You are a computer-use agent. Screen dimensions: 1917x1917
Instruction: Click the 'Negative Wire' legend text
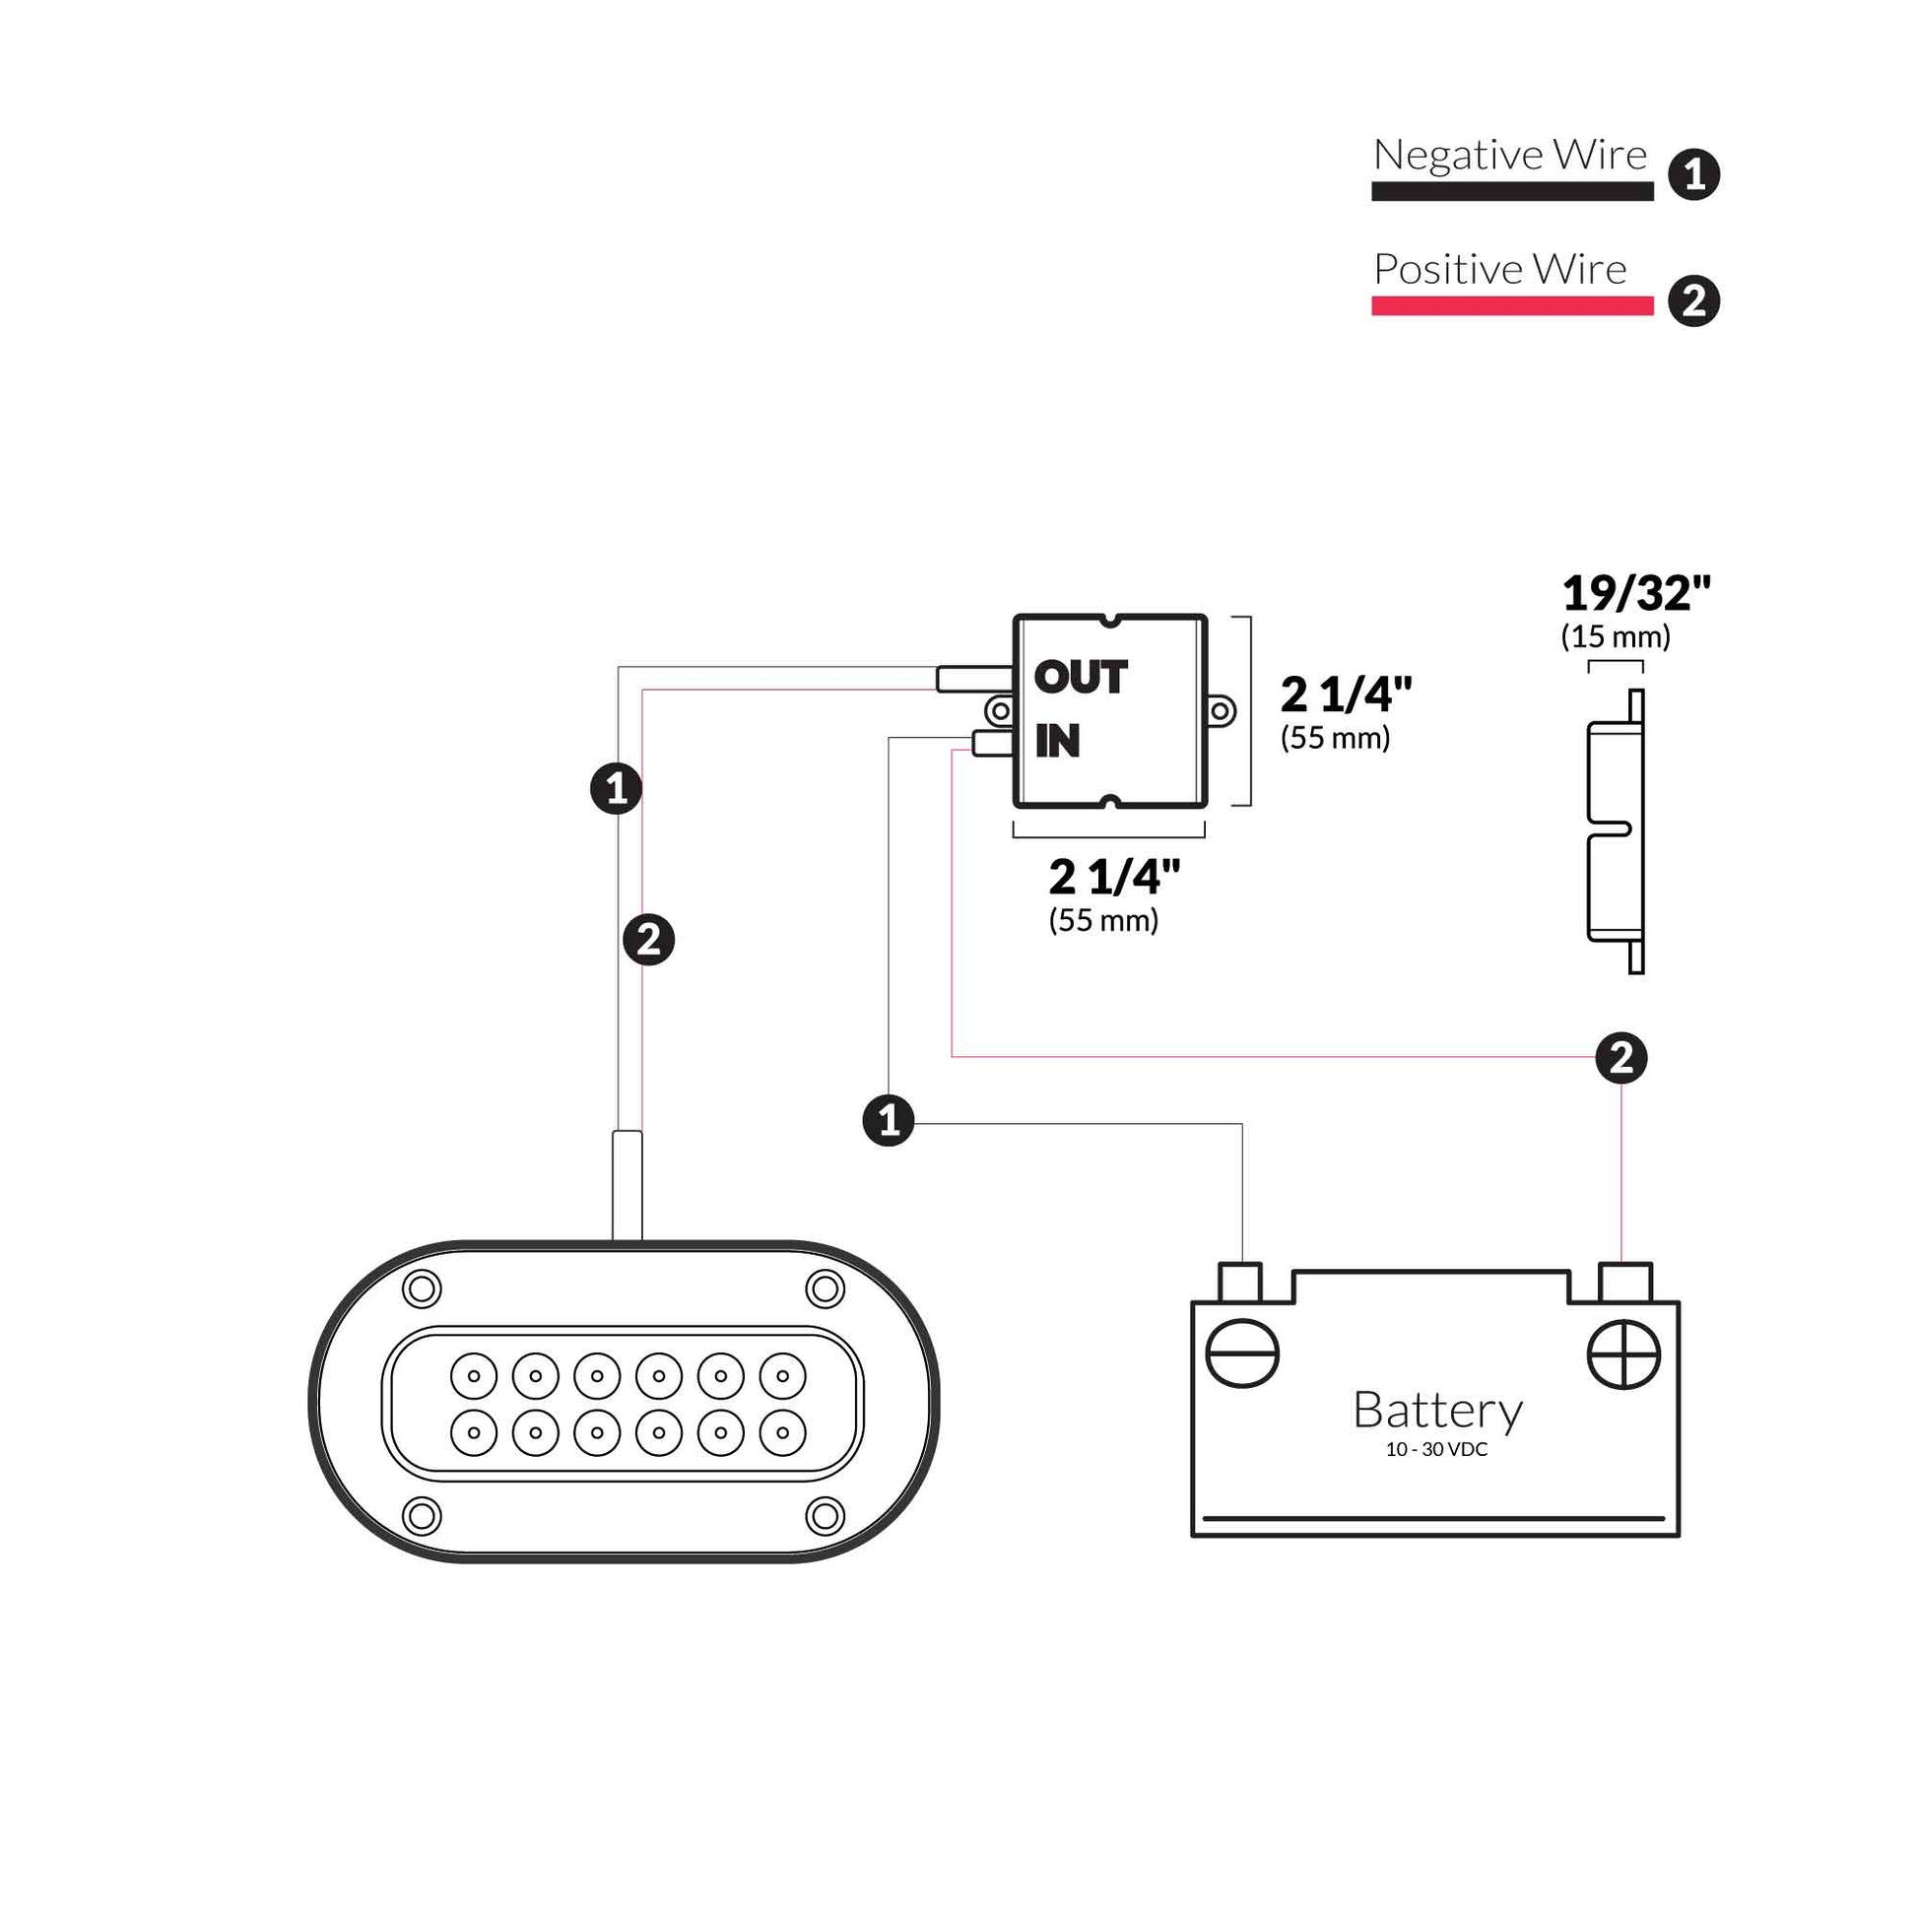point(1509,156)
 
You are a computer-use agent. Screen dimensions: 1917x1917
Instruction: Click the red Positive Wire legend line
point(1511,306)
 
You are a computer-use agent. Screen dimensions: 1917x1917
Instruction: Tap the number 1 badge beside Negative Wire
point(1693,175)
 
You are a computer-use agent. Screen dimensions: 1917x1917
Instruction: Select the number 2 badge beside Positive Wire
point(1693,301)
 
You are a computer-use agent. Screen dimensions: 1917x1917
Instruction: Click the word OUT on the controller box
point(1080,678)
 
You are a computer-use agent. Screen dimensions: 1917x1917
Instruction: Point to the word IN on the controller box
point(1057,741)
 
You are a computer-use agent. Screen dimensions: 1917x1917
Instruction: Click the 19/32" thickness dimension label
point(1635,594)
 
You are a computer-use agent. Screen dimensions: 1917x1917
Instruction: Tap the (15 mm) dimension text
point(1616,637)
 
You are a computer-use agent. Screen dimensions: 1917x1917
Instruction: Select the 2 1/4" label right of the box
point(1346,694)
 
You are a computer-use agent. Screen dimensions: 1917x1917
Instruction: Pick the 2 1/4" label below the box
point(1114,877)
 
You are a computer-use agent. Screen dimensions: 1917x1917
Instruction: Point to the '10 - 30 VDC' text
point(1435,1450)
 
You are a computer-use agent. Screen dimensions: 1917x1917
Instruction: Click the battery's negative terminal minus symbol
point(1241,1355)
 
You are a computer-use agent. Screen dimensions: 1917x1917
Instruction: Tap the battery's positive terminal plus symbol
point(1623,1355)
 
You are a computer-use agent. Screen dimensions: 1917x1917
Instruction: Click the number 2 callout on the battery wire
point(1621,1058)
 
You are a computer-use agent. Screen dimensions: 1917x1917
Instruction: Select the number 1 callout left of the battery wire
point(888,1120)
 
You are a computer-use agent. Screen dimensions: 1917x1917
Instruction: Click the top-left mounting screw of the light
point(422,1289)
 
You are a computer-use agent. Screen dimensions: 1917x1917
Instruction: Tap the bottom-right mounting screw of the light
point(825,1515)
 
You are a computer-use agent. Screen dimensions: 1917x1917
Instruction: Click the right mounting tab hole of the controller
point(1220,710)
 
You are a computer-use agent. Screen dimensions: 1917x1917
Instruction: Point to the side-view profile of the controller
point(1617,831)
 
